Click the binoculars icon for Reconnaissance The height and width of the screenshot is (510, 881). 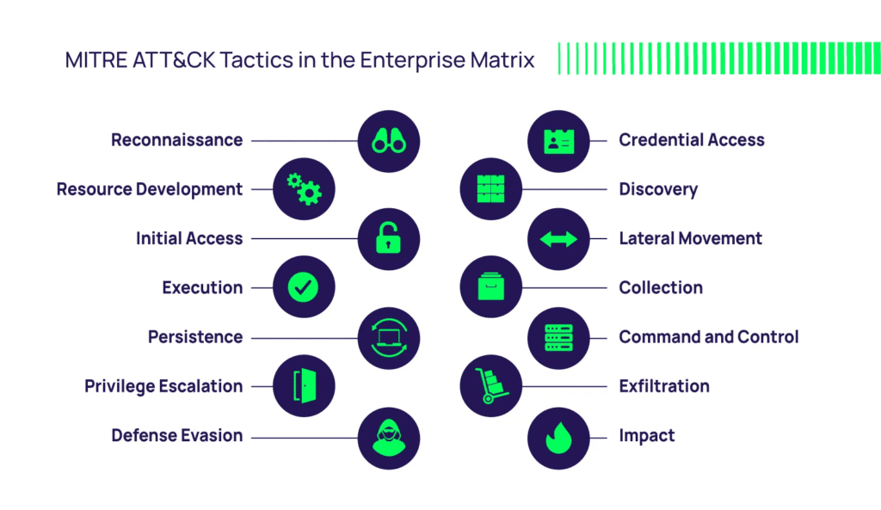pyautogui.click(x=389, y=140)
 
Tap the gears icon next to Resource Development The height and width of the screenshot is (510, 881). pyautogui.click(x=304, y=189)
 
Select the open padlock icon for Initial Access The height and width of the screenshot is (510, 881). pyautogui.click(x=389, y=238)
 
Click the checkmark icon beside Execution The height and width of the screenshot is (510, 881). pyautogui.click(x=304, y=288)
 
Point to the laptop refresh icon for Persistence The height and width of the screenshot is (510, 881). pyautogui.click(x=389, y=337)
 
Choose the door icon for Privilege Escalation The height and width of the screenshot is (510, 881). pyautogui.click(x=304, y=386)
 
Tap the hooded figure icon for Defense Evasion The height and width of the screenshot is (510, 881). pyautogui.click(x=389, y=436)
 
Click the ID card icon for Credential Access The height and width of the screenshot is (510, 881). pyautogui.click(x=558, y=140)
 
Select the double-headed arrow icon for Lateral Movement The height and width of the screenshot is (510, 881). pyautogui.click(x=558, y=238)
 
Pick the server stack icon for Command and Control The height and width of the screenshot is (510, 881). pyautogui.click(x=558, y=337)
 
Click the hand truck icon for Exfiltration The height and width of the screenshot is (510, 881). pyautogui.click(x=491, y=386)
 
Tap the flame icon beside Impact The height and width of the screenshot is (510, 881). pyautogui.click(x=558, y=436)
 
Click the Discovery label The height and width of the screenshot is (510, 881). pyautogui.click(x=658, y=189)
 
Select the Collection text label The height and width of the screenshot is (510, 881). pyautogui.click(x=661, y=288)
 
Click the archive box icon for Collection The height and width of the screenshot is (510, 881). pyautogui.click(x=491, y=288)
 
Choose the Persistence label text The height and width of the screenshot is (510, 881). pyautogui.click(x=195, y=337)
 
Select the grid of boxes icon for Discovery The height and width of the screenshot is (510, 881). pyautogui.click(x=491, y=189)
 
